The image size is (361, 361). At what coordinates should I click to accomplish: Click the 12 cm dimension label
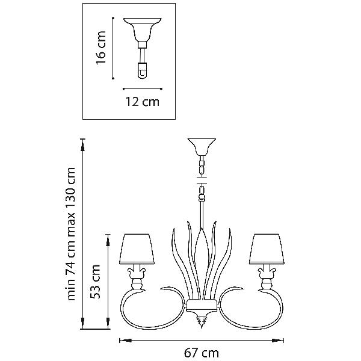coord(142,102)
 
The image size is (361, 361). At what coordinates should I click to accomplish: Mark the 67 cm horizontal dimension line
coord(202,341)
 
